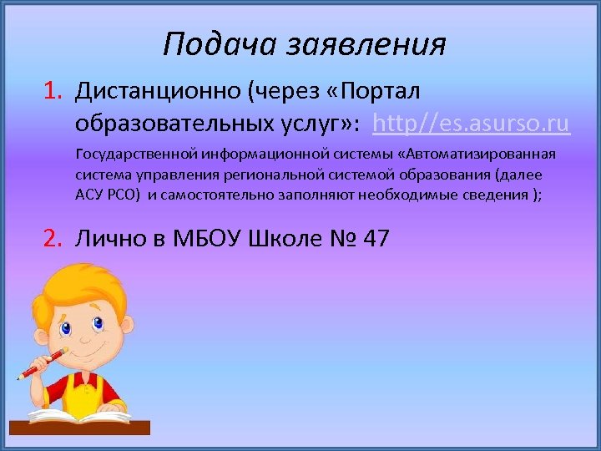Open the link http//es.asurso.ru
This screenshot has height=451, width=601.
click(472, 124)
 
